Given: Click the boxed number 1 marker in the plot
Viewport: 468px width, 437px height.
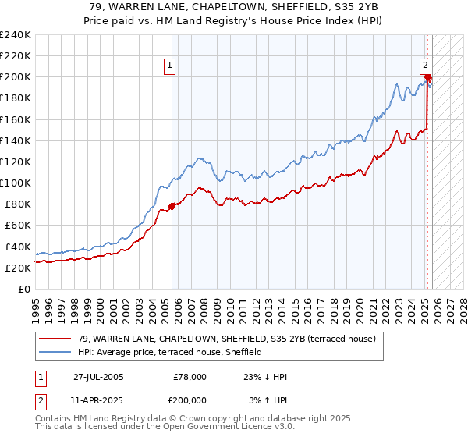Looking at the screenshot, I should [169, 66].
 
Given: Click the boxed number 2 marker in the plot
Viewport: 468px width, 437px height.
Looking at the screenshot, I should [426, 66].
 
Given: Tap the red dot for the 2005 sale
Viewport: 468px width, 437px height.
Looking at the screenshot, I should [172, 206].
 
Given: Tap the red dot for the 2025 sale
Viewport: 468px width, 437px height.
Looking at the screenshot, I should [428, 77].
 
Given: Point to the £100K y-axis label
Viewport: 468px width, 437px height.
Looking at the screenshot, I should [15, 183].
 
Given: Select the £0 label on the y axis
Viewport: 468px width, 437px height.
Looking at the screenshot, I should [24, 288].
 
